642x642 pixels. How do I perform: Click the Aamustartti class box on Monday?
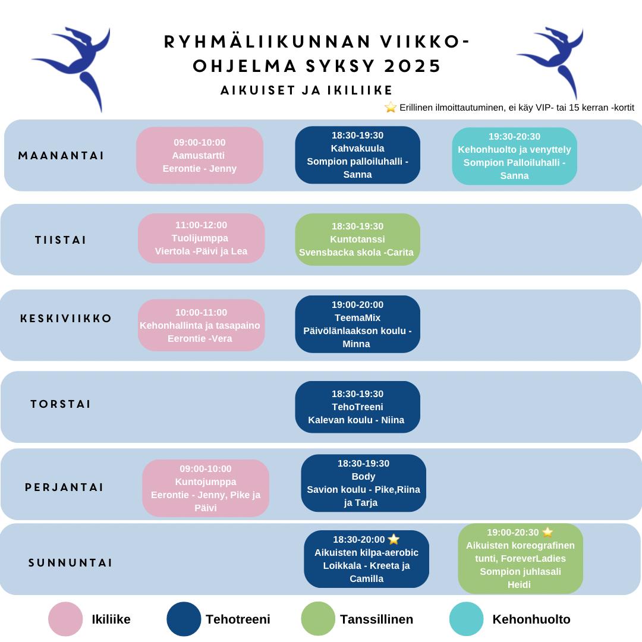point(199,155)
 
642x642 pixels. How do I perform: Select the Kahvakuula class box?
point(357,155)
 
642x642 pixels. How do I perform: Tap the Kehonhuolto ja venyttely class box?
point(514,156)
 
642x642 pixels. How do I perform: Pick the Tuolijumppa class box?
point(201,238)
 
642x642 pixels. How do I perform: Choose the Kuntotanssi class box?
point(357,239)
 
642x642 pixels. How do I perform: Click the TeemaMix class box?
point(357,324)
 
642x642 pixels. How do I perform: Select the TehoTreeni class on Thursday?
point(357,407)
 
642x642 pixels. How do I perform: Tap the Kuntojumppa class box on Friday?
point(206,488)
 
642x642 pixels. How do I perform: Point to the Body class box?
point(363,483)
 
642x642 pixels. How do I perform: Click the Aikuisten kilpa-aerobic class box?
point(366,559)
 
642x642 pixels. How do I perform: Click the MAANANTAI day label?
point(61,156)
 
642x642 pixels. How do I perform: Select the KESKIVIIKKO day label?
point(65,319)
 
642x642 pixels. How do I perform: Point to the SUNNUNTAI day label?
point(70,563)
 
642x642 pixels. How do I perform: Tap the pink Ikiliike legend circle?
point(65,619)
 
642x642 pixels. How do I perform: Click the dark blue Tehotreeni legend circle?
point(184,619)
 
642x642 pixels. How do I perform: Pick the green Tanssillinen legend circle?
point(318,619)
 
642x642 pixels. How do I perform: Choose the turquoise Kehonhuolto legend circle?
point(467,619)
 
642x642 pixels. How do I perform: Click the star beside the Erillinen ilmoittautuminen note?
point(391,107)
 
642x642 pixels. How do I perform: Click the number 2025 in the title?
point(413,66)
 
